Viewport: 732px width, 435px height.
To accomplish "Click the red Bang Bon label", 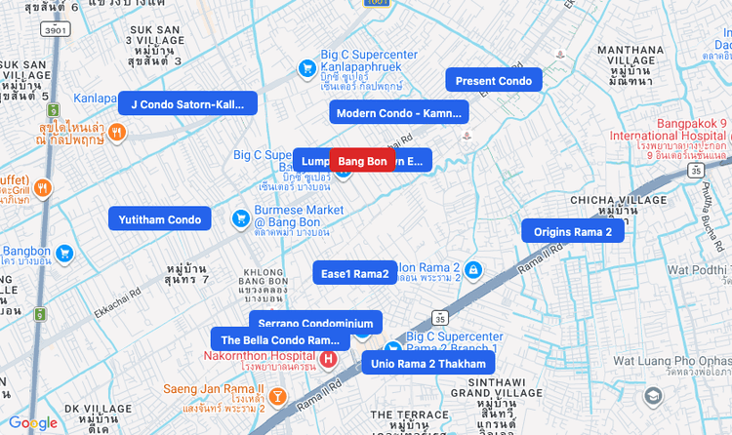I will click(362, 161).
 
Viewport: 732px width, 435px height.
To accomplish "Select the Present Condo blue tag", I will click(494, 81).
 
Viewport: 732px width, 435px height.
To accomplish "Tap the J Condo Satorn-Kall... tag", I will click(187, 103).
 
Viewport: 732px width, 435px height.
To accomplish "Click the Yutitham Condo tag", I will click(160, 219).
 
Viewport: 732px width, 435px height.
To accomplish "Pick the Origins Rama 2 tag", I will click(572, 231).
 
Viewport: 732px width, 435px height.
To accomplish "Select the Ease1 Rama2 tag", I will click(354, 273).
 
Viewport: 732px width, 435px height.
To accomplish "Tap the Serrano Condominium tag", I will click(315, 323).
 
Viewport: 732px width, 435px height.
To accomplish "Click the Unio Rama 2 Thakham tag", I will click(427, 364).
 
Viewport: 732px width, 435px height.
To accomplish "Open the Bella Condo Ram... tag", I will click(280, 339).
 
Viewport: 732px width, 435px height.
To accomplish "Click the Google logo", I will click(33, 423).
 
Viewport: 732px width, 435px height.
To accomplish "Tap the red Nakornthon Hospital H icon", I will click(328, 359).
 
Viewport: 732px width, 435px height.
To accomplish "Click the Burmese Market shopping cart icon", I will click(239, 218).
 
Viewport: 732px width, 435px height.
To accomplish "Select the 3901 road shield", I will click(55, 30).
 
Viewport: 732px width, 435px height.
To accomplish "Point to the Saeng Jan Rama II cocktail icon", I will click(277, 396).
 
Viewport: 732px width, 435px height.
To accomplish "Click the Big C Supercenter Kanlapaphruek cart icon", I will click(305, 67).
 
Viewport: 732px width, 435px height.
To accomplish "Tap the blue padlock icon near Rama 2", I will click(472, 268).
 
